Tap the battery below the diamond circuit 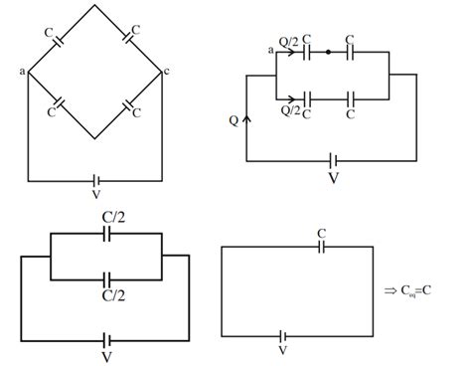coord(94,182)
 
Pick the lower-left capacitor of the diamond coord(60,103)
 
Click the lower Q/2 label coord(291,112)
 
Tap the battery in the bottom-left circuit coord(104,336)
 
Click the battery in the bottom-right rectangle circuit coord(285,336)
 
